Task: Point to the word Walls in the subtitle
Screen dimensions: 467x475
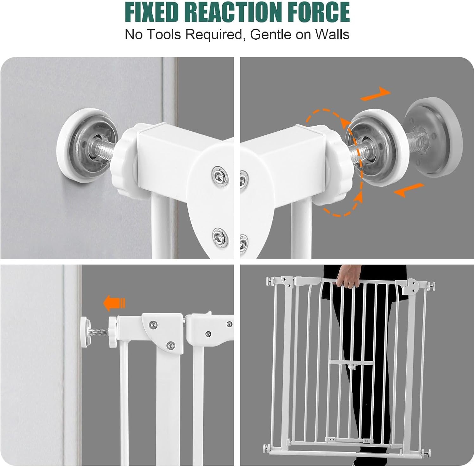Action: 332,34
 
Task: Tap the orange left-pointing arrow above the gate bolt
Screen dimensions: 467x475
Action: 114,303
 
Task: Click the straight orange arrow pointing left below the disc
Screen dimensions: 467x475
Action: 408,190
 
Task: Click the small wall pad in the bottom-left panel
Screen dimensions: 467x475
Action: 85,332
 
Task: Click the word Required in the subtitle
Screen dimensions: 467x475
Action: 213,34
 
